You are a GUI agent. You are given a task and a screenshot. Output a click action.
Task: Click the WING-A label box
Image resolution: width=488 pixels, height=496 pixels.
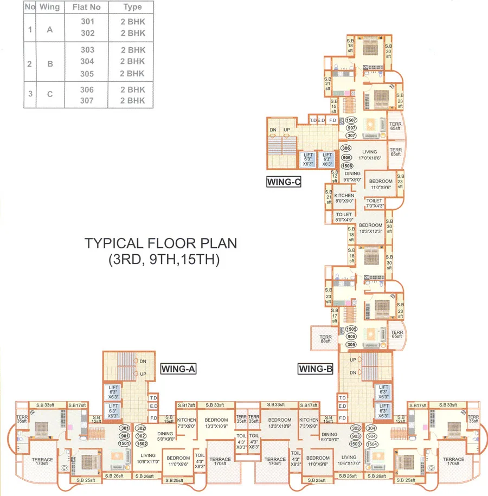(178, 369)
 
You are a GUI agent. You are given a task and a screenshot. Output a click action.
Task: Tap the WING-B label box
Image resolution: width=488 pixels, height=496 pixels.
(315, 369)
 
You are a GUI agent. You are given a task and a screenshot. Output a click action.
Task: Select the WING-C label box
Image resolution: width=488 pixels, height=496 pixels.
(284, 182)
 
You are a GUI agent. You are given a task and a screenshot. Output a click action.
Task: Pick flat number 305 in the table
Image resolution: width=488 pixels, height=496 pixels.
(87, 73)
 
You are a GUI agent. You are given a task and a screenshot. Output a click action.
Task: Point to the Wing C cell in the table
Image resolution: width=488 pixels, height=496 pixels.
(50, 94)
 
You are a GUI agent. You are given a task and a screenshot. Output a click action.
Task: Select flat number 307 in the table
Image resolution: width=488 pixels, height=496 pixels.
(87, 100)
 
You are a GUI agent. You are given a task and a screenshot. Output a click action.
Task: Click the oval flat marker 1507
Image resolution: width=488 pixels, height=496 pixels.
(351, 120)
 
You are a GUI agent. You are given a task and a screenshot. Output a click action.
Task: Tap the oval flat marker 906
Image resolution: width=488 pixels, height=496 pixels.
(346, 157)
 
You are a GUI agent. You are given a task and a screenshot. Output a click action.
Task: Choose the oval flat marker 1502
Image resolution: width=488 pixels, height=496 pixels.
(141, 443)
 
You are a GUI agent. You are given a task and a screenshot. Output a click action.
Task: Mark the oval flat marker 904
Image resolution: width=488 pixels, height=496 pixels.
(373, 436)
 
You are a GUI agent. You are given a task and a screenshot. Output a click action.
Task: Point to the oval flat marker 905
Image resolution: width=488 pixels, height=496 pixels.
(351, 336)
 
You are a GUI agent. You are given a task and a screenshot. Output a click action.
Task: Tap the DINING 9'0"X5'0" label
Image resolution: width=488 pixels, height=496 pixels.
(352, 177)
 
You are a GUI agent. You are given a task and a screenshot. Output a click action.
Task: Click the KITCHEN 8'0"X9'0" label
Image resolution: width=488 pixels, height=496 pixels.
(344, 198)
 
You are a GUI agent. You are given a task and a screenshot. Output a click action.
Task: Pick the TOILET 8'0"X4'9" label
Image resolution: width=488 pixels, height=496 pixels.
(345, 217)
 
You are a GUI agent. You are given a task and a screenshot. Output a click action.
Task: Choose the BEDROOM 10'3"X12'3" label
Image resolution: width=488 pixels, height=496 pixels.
(371, 228)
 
